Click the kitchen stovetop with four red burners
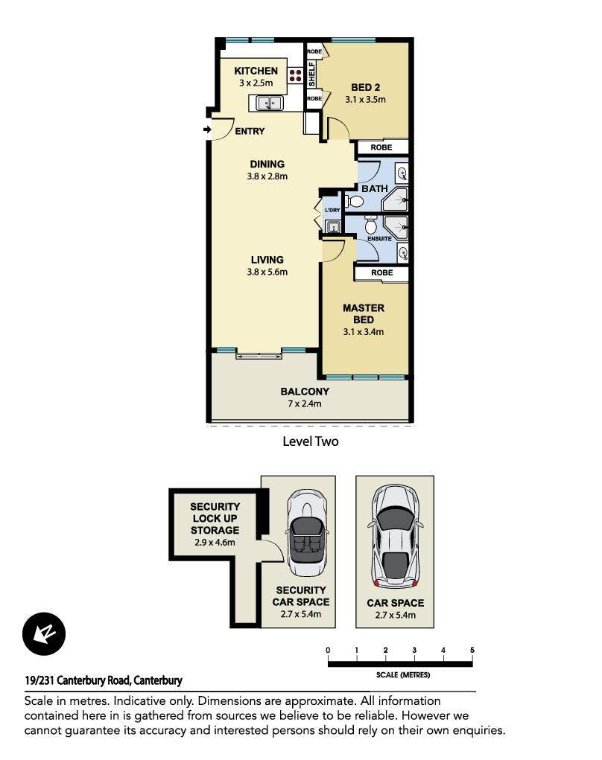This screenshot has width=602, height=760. pyautogui.click(x=296, y=75)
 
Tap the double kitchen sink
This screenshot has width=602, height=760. pyautogui.click(x=270, y=103)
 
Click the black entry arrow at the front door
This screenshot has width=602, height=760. pyautogui.click(x=207, y=130)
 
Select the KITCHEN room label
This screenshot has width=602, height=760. pyautogui.click(x=256, y=71)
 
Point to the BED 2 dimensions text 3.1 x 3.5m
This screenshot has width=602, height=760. pyautogui.click(x=365, y=99)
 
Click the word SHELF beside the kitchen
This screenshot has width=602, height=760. pyautogui.click(x=311, y=74)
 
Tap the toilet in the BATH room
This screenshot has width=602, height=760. pyautogui.click(x=355, y=201)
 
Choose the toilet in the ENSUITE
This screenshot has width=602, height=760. pyautogui.click(x=371, y=225)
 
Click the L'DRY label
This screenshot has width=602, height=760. pyautogui.click(x=332, y=210)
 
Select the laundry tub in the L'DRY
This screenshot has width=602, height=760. pyautogui.click(x=333, y=226)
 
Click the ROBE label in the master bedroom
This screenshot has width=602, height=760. pyautogui.click(x=381, y=273)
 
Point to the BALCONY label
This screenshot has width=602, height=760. pyautogui.click(x=305, y=392)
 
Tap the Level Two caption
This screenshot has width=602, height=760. pyautogui.click(x=311, y=441)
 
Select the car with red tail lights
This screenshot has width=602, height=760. pyautogui.click(x=396, y=537)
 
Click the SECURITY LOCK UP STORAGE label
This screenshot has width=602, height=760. pyautogui.click(x=215, y=518)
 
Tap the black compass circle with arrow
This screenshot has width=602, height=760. pyautogui.click(x=44, y=634)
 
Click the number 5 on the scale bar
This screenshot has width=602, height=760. pyautogui.click(x=472, y=650)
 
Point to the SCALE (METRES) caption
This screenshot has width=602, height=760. pyautogui.click(x=402, y=674)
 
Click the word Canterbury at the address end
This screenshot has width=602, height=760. pyautogui.click(x=158, y=680)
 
